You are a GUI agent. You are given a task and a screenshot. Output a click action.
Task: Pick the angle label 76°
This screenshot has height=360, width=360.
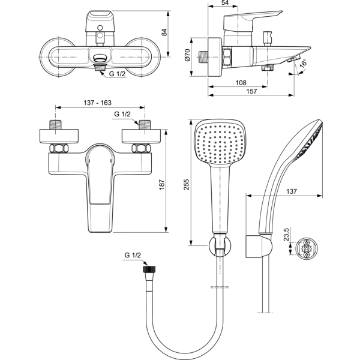304,63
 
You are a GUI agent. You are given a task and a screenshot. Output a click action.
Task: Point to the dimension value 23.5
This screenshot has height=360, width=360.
287,232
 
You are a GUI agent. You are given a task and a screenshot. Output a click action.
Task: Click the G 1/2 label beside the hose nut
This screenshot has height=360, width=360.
133,256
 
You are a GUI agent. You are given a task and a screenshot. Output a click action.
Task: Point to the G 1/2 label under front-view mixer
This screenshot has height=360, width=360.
117,74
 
